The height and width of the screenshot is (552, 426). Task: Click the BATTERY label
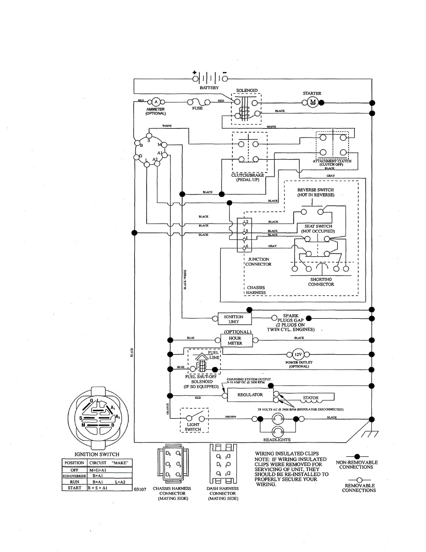[x=209, y=87]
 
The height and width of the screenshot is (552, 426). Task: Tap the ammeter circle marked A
[x=156, y=102]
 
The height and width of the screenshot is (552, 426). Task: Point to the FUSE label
[x=197, y=109]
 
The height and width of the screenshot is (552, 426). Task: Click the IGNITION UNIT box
[x=233, y=319]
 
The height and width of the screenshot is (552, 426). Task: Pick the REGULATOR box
[x=250, y=395]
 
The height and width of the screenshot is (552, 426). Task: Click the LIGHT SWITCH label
[x=193, y=426]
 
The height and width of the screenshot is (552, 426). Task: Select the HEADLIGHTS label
[x=277, y=440]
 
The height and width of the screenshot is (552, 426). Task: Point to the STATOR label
[x=311, y=398]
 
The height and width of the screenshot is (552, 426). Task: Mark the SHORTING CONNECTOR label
[x=321, y=282]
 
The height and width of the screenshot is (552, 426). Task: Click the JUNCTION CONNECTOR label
[x=258, y=262]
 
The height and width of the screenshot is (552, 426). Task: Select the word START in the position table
[x=74, y=488]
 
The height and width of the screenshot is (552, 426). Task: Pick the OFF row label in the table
[x=74, y=470]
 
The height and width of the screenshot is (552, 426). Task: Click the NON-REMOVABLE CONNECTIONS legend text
[x=357, y=465]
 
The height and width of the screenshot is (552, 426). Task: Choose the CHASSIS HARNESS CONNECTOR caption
[x=172, y=493]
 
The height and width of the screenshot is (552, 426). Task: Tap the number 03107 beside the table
[x=140, y=490]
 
